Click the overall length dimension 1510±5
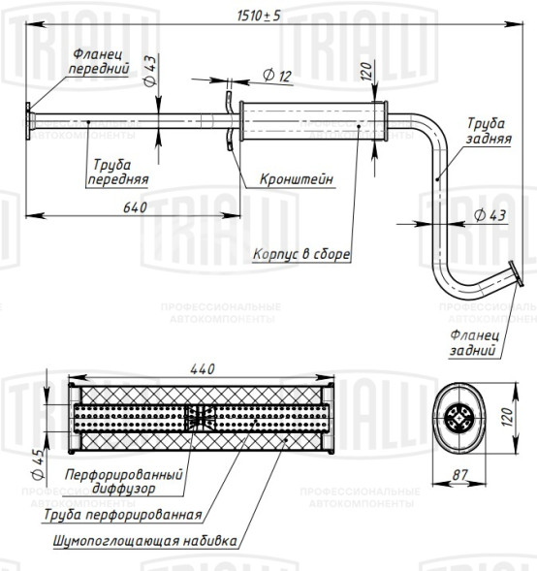(259, 16)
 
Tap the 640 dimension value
(135, 207)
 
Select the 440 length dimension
(203, 369)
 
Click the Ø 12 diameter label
(277, 76)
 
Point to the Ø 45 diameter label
(38, 462)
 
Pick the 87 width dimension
(459, 475)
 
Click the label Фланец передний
(99, 61)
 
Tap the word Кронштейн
(297, 179)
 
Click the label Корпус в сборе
(301, 254)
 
